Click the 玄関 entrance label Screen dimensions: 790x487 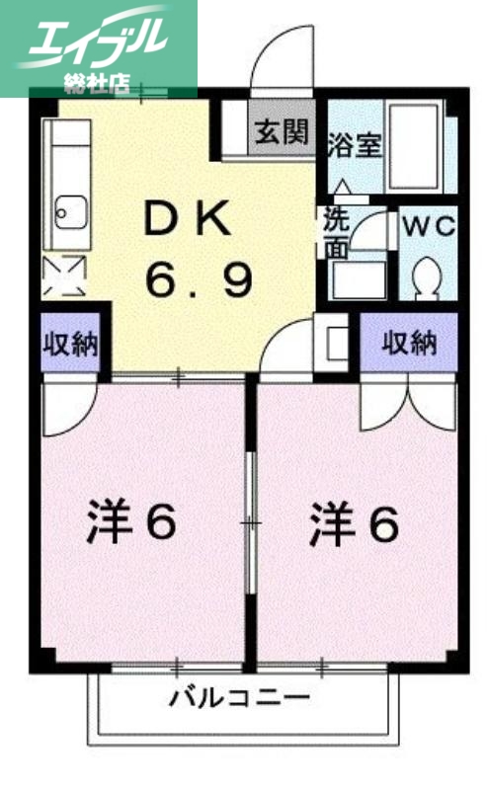(282, 131)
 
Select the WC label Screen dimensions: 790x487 (428, 225)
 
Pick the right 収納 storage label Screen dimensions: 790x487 (409, 344)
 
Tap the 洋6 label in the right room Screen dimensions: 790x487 (354, 523)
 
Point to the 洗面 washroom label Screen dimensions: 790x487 (336, 233)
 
